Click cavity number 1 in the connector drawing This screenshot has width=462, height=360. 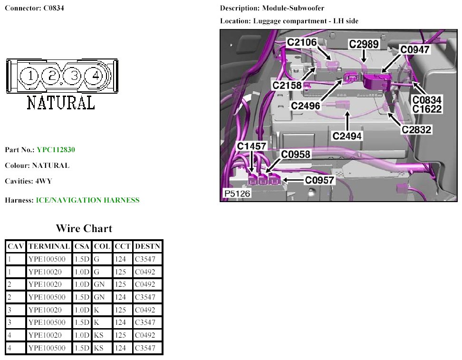pyautogui.click(x=30, y=76)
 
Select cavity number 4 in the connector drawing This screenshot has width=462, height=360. pyautogui.click(x=95, y=75)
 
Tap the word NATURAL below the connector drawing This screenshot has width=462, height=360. pyautogui.click(x=60, y=102)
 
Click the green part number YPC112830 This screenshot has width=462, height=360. pyautogui.click(x=56, y=150)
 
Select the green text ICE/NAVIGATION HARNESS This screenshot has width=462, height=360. pyautogui.click(x=87, y=200)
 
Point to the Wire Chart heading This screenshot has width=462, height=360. pyautogui.click(x=84, y=228)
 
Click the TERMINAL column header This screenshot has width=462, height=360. pyautogui.click(x=49, y=246)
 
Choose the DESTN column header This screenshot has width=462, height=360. pyautogui.click(x=148, y=246)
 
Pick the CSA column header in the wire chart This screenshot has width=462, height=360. pyautogui.click(x=82, y=246)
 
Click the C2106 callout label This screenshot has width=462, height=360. pyautogui.click(x=301, y=42)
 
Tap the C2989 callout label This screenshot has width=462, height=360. pyautogui.click(x=364, y=44)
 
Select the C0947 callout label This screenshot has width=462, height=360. pyautogui.click(x=414, y=49)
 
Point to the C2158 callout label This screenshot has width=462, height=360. pyautogui.click(x=287, y=86)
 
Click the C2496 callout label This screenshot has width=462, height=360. pyautogui.click(x=306, y=106)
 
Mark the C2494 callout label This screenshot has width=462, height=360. pyautogui.click(x=347, y=136)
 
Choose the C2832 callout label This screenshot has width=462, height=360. pyautogui.click(x=417, y=129)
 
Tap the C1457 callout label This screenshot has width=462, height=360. pyautogui.click(x=252, y=146)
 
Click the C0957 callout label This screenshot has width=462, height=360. pyautogui.click(x=320, y=180)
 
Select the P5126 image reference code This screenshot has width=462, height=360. pyautogui.click(x=237, y=194)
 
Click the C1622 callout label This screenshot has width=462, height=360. pyautogui.click(x=427, y=109)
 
